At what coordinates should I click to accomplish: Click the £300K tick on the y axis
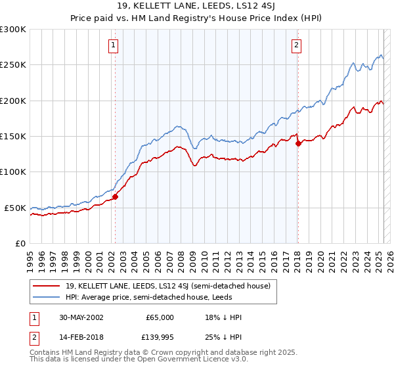pyautogui.click(x=13, y=30)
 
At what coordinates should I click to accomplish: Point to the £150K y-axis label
pyautogui.click(x=13, y=137)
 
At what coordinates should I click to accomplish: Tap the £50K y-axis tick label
pyautogui.click(x=16, y=208)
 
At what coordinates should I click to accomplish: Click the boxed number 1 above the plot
pyautogui.click(x=114, y=45)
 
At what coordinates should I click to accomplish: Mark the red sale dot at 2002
pyautogui.click(x=115, y=196)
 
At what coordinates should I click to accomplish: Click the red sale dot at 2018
pyautogui.click(x=297, y=143)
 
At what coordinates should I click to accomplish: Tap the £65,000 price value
pyautogui.click(x=160, y=317)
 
